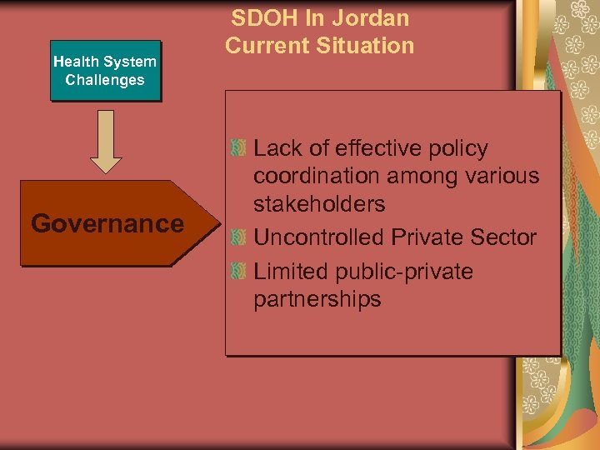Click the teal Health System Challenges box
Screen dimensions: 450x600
(x=105, y=71)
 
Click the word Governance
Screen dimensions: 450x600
(x=107, y=223)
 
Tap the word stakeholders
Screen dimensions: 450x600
(x=319, y=204)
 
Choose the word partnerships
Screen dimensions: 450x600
(x=317, y=299)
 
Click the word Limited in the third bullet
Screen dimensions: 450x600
(x=290, y=272)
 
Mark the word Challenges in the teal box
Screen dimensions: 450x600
(x=105, y=80)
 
